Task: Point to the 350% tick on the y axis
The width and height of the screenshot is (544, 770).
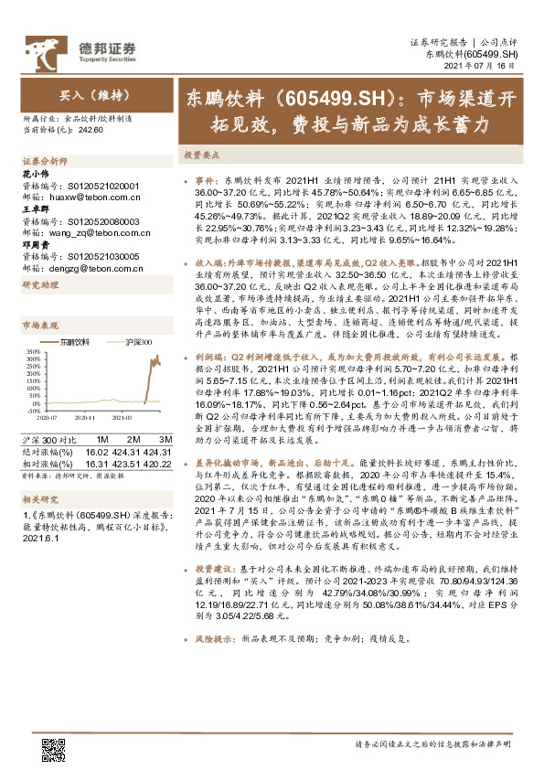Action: point(30,350)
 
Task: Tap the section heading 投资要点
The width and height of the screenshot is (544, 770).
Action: point(200,156)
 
